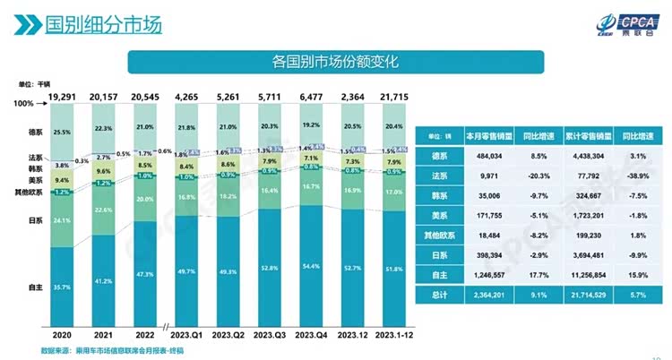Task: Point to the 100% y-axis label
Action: click(x=25, y=106)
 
